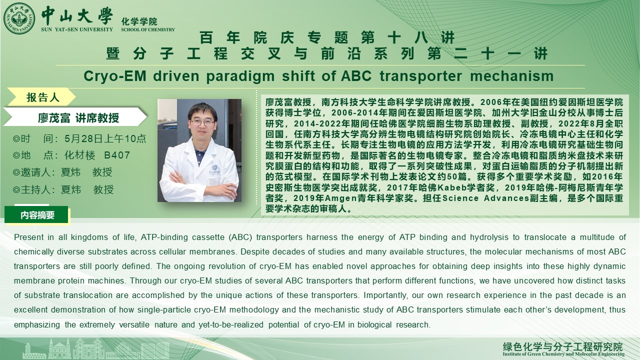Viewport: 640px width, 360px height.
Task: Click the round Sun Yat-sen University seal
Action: pyautogui.click(x=19, y=18)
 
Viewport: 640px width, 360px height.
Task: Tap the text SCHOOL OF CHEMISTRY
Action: pyautogui.click(x=147, y=29)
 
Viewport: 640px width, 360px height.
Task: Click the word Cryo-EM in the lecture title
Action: pyautogui.click(x=115, y=76)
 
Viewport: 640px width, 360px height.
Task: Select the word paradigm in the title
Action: pyautogui.click(x=240, y=76)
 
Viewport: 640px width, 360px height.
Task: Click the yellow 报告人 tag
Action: pyautogui.click(x=42, y=97)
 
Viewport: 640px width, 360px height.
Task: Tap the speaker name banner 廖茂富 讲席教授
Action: pyautogui.click(x=78, y=117)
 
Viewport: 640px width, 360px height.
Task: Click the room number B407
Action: pyautogui.click(x=117, y=155)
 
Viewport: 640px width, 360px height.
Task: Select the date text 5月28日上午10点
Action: pyautogui.click(x=105, y=138)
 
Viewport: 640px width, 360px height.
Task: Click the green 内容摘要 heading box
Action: pyautogui.click(x=37, y=215)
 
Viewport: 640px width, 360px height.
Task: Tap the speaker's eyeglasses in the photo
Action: pyautogui.click(x=202, y=123)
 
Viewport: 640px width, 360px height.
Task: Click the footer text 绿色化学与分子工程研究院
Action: pyautogui.click(x=562, y=346)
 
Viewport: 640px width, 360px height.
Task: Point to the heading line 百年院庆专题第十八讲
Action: pyautogui.click(x=327, y=38)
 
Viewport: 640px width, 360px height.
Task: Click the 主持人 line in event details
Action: pyautogui.click(x=63, y=189)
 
